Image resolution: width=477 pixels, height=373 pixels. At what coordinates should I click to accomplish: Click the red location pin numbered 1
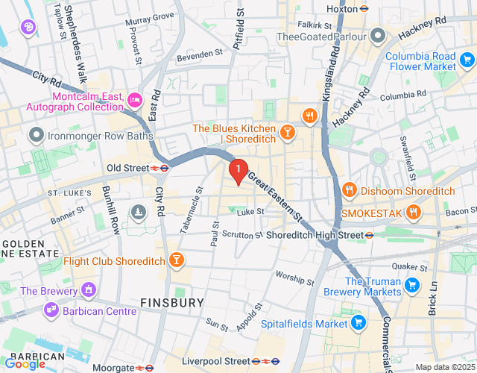click(x=238, y=171)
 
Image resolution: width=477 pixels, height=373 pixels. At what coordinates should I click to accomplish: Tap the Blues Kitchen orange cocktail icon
click(x=287, y=133)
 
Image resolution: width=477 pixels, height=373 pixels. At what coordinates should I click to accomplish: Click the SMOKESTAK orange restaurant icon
click(x=415, y=213)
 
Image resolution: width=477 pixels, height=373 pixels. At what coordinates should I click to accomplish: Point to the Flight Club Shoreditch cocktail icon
click(x=176, y=260)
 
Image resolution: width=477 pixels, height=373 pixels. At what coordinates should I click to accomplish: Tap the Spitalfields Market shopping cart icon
click(x=358, y=323)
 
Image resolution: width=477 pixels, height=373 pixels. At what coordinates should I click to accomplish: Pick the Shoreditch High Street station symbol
click(x=369, y=235)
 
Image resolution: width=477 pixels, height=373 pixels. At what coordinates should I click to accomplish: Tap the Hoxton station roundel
click(x=364, y=9)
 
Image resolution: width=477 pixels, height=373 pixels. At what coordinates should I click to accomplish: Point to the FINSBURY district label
click(x=172, y=302)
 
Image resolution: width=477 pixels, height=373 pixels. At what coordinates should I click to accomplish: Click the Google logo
click(x=25, y=363)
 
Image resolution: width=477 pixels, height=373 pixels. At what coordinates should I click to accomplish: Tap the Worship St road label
click(x=295, y=278)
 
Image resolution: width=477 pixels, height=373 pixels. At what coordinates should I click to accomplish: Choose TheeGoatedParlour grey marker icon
click(x=379, y=35)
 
